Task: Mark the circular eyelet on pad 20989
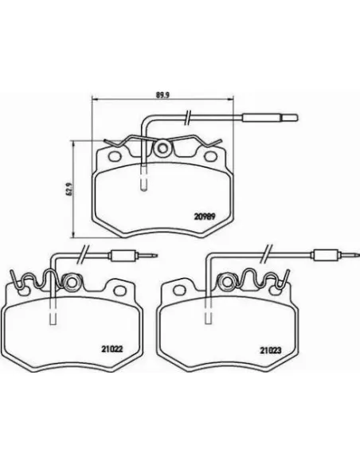click(x=163, y=149)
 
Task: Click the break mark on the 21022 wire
click(x=82, y=256)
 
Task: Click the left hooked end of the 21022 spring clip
click(x=14, y=279)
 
